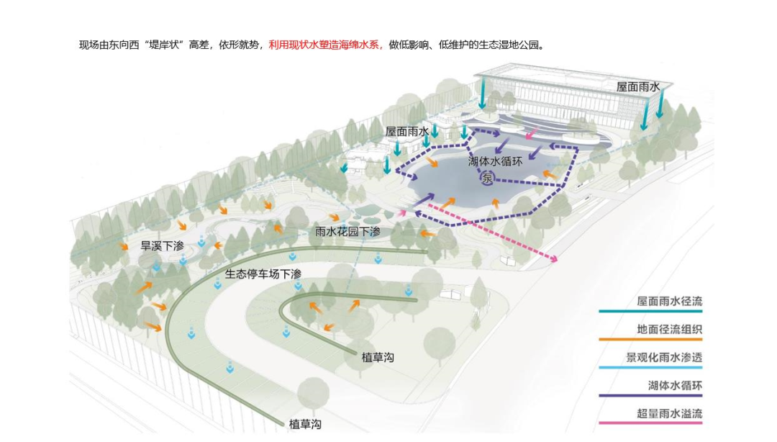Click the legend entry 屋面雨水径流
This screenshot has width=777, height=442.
coord(669,302)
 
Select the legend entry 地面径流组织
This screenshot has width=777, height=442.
coord(669,330)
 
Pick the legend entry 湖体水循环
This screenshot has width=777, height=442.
coord(674,386)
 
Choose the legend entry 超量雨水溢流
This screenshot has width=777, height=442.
coord(669,413)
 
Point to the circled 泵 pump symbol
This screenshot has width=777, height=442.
coord(488,178)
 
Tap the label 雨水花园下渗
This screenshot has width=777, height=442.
coord(347,231)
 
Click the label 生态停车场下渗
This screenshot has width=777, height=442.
coord(263,274)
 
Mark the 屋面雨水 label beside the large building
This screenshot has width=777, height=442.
coord(637,86)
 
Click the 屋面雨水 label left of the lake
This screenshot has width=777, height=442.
coord(406,132)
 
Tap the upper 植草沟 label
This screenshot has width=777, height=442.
coord(380,357)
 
